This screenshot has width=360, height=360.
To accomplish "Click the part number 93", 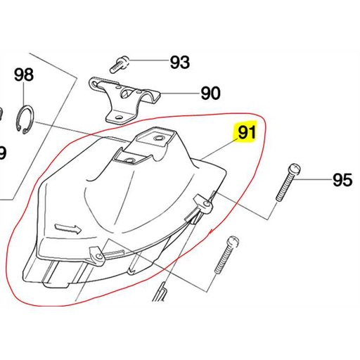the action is (180, 63).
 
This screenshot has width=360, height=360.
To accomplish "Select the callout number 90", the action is (210, 93).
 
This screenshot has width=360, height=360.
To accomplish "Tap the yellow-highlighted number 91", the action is (247, 132).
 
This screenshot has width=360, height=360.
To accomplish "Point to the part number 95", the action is (342, 180).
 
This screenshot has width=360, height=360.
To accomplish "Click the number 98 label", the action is (24, 75).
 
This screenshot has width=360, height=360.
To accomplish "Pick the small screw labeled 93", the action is (119, 65).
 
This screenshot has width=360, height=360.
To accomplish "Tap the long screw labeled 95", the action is (288, 182).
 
